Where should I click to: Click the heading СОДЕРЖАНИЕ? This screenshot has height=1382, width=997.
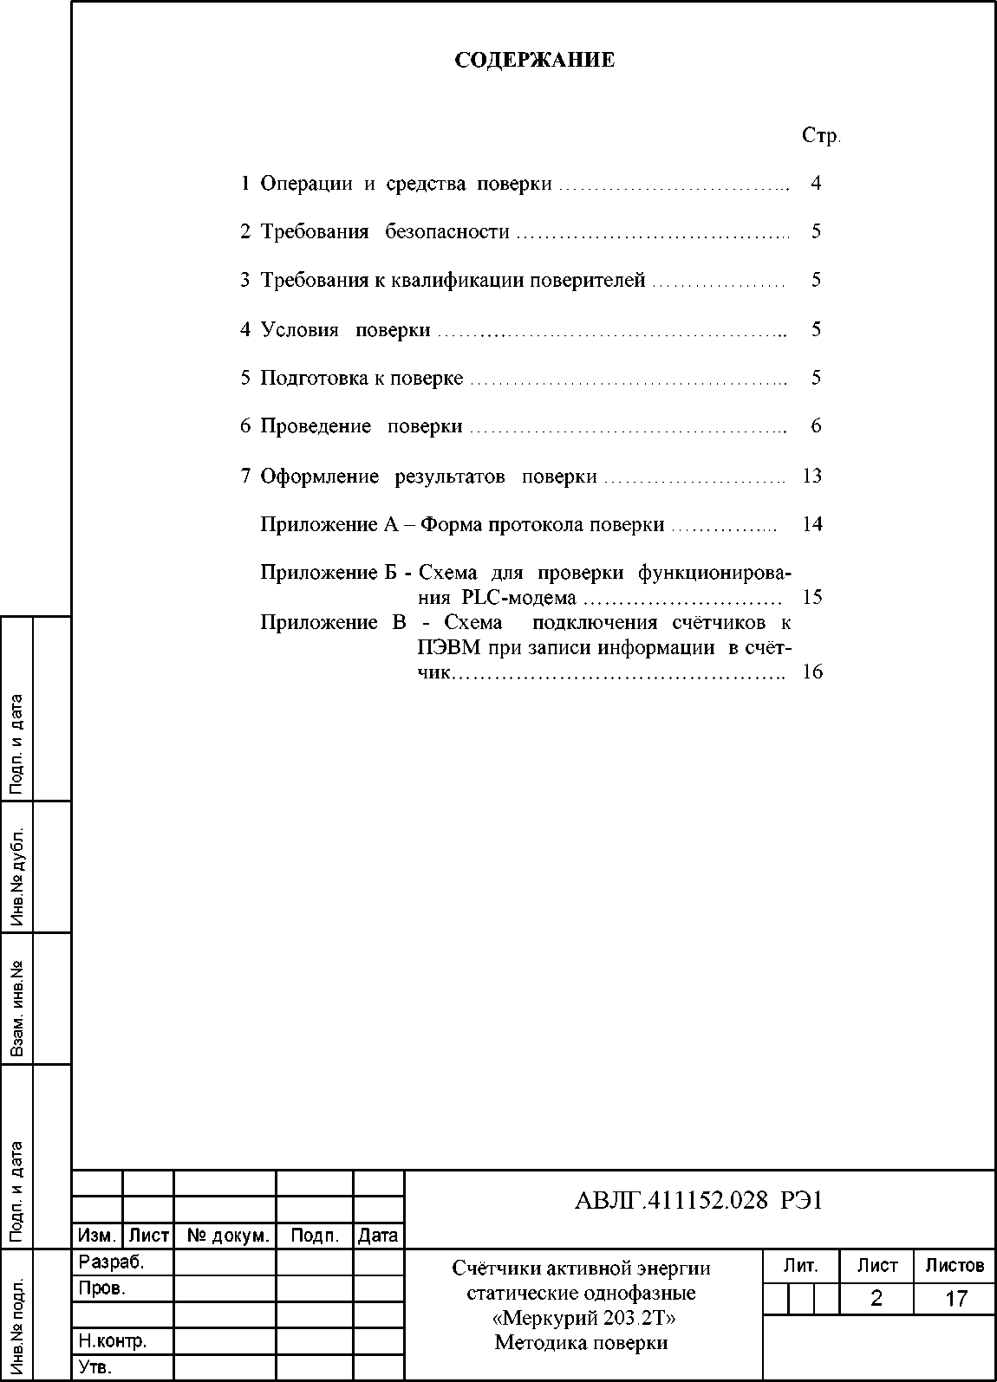click(535, 60)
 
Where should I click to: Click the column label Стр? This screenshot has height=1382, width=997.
click(821, 136)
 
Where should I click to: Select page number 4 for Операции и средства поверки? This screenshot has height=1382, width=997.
click(816, 183)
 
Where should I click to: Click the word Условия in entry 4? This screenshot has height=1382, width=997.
click(299, 329)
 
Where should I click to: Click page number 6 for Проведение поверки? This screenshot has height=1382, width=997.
click(816, 425)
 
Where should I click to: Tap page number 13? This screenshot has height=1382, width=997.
click(812, 476)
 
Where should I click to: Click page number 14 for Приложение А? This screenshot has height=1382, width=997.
click(812, 524)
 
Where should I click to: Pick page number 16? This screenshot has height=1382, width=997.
click(812, 672)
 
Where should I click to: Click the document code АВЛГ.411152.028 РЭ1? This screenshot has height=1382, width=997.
click(698, 1200)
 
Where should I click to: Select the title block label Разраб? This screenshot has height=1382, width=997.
click(111, 1262)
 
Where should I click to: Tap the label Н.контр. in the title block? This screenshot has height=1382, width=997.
click(113, 1341)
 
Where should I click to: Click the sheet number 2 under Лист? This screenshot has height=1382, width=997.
click(876, 1298)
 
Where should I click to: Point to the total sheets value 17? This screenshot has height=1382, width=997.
click(955, 1298)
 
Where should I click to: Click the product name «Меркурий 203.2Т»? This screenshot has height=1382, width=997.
click(582, 1318)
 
